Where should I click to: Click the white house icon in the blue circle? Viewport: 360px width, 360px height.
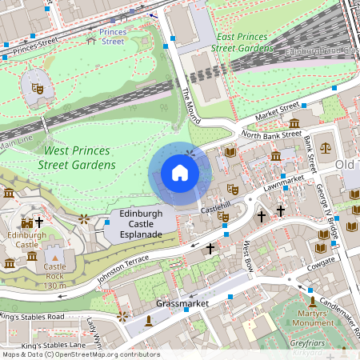pyautogui.click(x=180, y=173)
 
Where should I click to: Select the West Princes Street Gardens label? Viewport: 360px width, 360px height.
pyautogui.click(x=79, y=158)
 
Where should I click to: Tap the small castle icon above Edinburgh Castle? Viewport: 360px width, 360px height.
pyautogui.click(x=26, y=222)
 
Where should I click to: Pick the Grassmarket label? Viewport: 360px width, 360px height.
pyautogui.click(x=182, y=305)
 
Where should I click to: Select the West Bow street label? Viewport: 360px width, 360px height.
pyautogui.click(x=248, y=256)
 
